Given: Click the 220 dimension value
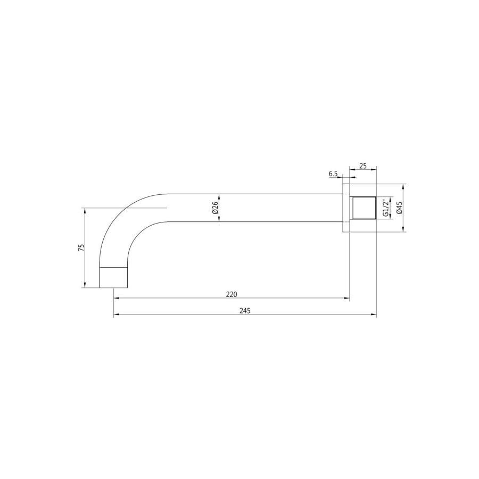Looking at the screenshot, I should tap(232, 294).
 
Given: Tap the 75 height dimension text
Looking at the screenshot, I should tap(81, 247).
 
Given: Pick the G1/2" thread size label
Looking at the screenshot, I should tap(385, 208).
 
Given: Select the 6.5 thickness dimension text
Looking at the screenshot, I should tap(333, 174).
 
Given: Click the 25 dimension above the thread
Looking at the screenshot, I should tap(363, 166).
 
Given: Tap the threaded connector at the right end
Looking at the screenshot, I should tap(364, 208).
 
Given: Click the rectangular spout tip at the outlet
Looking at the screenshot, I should tap(114, 277).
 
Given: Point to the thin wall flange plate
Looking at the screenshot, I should tap(346, 208).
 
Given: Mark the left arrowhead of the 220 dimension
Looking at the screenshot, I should tap(117, 299).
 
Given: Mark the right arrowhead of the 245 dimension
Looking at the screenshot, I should tap(374, 316).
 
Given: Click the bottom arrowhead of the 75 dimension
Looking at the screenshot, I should tap(85, 285).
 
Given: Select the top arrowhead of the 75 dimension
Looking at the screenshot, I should tap(85, 210).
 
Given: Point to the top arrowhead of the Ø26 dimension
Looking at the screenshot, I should tap(219, 196).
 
